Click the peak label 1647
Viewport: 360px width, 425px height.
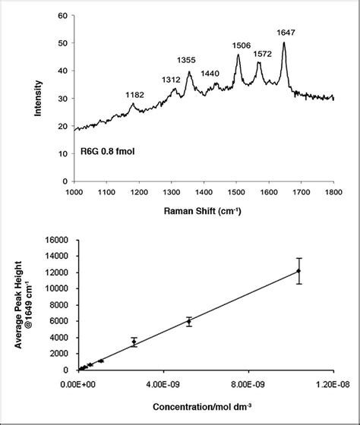285,33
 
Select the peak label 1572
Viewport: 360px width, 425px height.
262,54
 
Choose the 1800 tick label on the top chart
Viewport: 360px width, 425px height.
334,193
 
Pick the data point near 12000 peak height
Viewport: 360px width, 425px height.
298,271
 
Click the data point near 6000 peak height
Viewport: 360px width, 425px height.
189,321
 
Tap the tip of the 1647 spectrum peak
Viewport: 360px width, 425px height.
284,42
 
